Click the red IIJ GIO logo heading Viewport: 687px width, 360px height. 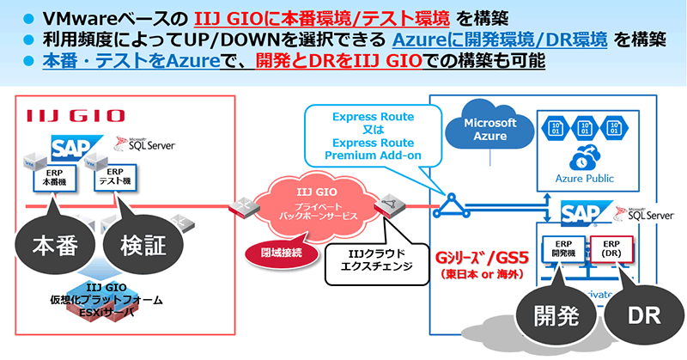(75, 115)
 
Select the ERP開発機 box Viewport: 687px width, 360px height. (562, 249)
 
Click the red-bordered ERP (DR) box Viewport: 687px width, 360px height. (611, 249)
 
